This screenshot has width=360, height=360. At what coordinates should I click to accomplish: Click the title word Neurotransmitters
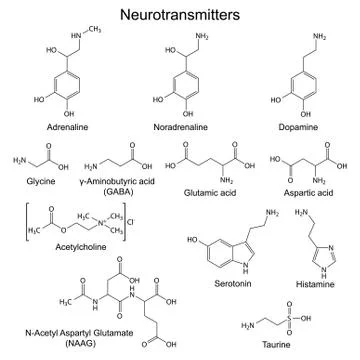click(179, 16)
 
